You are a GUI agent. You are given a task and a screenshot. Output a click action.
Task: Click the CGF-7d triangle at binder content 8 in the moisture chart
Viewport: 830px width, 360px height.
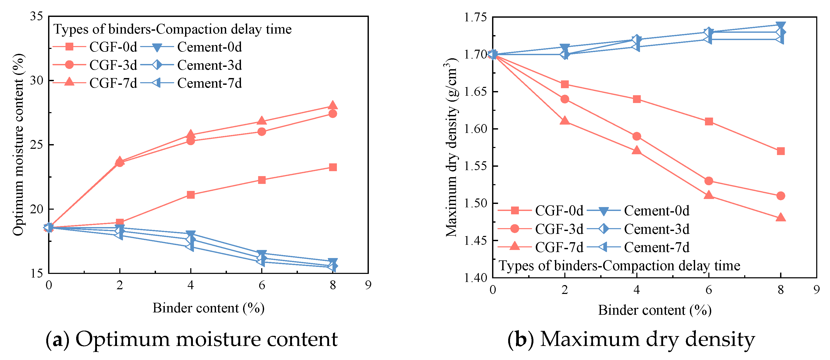click(333, 105)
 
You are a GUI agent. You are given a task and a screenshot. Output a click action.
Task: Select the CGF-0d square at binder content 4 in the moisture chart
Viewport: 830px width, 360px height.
click(191, 195)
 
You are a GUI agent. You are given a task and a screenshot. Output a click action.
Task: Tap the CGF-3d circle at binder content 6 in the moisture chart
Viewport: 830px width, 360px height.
click(262, 132)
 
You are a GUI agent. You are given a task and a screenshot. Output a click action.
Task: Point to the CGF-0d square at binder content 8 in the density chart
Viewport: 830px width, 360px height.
click(780, 151)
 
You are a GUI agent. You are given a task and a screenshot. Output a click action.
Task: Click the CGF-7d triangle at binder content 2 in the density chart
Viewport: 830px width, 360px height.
click(565, 121)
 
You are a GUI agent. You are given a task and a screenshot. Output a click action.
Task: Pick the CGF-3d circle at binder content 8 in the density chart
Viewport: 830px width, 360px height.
click(780, 196)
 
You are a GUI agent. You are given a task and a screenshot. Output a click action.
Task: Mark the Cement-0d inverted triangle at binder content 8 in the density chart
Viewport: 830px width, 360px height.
click(780, 25)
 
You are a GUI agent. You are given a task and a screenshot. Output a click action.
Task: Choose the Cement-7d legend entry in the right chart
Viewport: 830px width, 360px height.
click(656, 247)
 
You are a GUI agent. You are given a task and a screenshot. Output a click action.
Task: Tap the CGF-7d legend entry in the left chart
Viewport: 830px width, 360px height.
click(113, 83)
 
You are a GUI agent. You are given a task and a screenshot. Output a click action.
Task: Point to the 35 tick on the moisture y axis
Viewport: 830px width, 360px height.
click(36, 16)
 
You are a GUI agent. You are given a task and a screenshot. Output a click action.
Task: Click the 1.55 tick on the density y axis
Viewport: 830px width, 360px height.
click(475, 166)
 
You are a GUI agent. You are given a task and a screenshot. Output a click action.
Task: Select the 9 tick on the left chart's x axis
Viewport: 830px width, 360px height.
click(368, 285)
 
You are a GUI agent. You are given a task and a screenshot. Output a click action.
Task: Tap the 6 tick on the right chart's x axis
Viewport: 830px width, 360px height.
click(709, 290)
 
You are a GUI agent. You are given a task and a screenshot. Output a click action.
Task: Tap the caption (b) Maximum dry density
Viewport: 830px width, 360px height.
click(631, 339)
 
